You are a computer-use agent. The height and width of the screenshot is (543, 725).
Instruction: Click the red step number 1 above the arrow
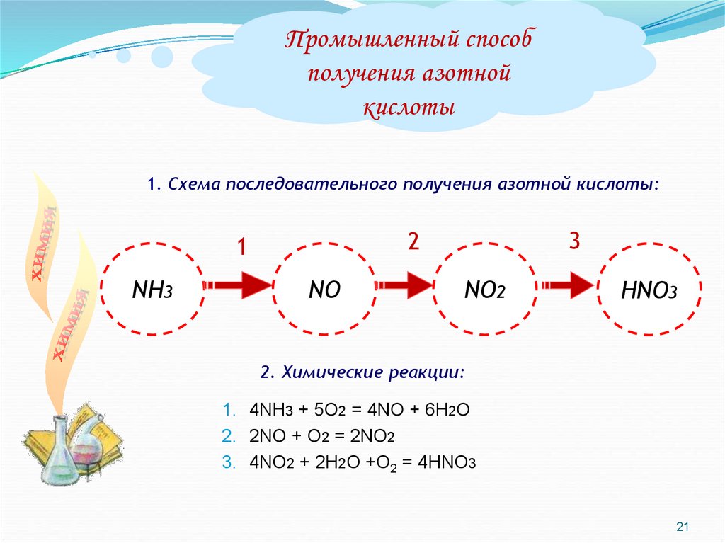241,248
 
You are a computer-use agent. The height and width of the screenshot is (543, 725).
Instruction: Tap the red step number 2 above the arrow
413,242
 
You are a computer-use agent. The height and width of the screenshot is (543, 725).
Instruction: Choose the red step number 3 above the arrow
574,242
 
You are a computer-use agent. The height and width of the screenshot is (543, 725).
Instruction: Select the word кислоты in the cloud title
409,108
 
